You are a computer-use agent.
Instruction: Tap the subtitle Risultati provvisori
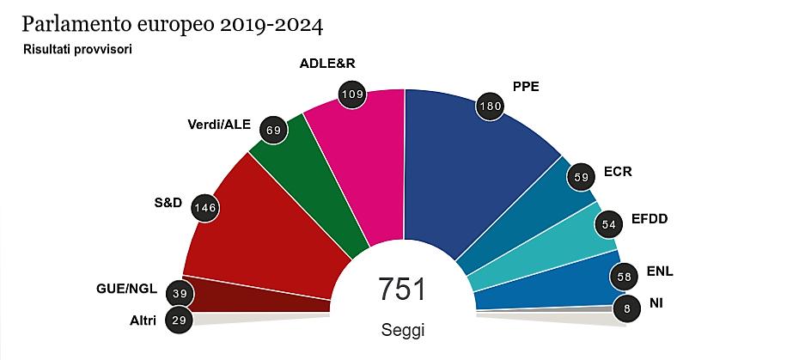[77, 49]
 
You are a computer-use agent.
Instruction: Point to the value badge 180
[489, 107]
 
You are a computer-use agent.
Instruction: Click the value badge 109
[350, 93]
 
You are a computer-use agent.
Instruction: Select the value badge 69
[275, 130]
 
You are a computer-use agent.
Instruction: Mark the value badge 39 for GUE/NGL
[180, 293]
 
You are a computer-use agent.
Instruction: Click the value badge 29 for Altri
[180, 320]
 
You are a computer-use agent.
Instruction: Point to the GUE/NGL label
[126, 288]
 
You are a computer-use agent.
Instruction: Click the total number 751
[402, 290]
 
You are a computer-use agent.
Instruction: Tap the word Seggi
[402, 330]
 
